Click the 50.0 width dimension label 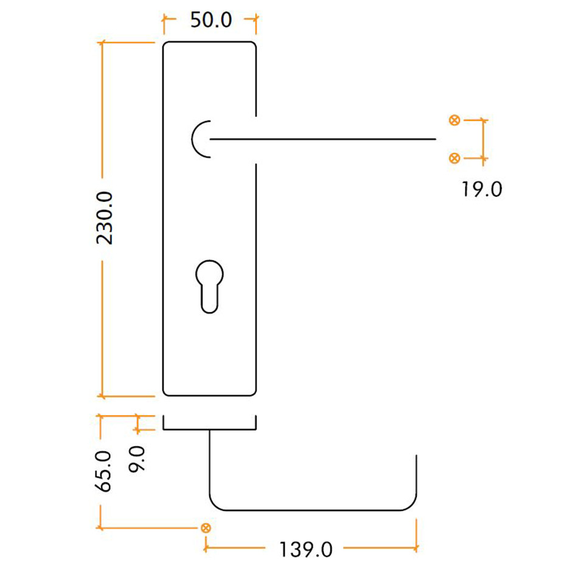[x=211, y=20]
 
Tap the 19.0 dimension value [x=481, y=190]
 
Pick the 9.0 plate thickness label [x=138, y=459]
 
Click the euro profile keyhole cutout [x=209, y=285]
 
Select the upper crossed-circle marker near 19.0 [x=453, y=120]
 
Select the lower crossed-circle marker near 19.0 [x=453, y=158]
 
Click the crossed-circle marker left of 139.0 [x=206, y=528]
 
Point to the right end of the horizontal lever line [x=435, y=139]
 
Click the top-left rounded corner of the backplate [x=167, y=46]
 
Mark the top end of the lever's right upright [x=416, y=456]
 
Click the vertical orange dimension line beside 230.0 [x=102, y=122]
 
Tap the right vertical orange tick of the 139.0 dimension [x=416, y=535]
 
